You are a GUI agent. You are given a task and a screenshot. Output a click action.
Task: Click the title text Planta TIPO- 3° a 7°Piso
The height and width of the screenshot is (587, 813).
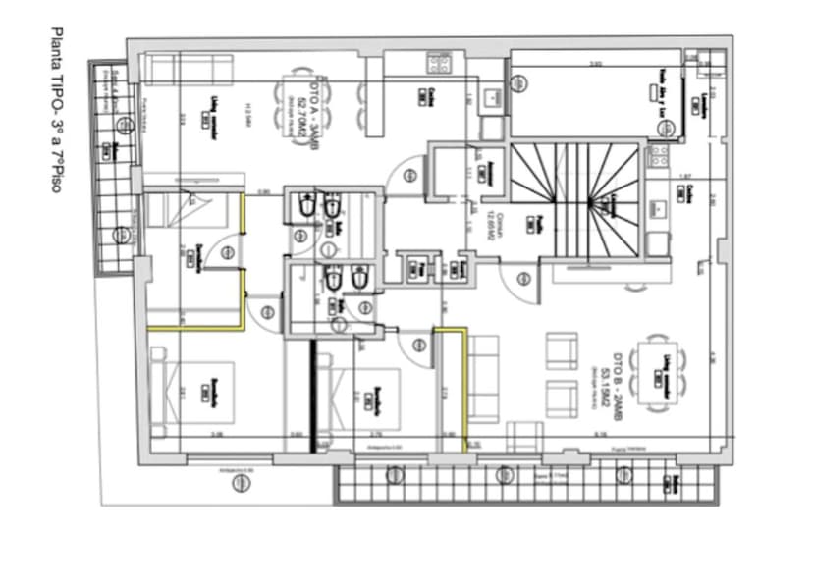55,109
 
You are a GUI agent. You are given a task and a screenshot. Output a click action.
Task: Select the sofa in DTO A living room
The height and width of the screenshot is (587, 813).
188,69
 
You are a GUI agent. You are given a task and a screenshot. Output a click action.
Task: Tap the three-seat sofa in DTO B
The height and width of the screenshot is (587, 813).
482,379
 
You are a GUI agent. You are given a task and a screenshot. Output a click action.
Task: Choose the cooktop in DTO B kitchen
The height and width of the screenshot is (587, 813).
658,155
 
